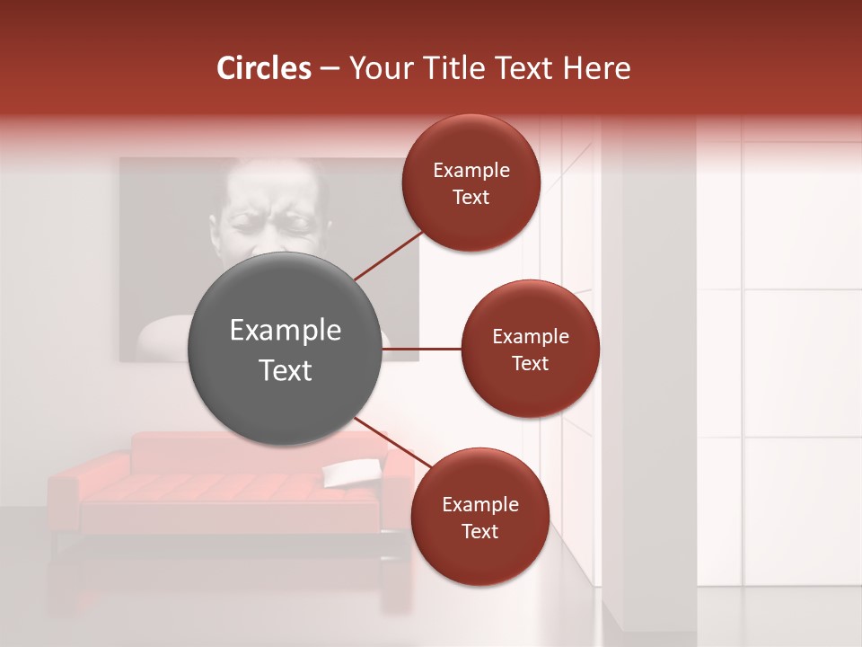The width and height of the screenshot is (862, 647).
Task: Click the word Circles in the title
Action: click(x=264, y=68)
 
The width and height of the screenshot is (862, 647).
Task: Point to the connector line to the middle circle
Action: click(x=422, y=349)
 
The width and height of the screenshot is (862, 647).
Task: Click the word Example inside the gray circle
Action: click(x=286, y=331)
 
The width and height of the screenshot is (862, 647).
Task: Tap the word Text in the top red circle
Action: click(x=471, y=198)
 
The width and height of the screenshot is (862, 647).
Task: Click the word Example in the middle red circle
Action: click(x=530, y=337)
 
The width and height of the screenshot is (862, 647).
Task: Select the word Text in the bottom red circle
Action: click(x=479, y=531)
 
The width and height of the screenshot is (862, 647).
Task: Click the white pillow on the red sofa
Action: click(x=352, y=471)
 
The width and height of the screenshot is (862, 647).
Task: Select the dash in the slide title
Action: click(x=330, y=68)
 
